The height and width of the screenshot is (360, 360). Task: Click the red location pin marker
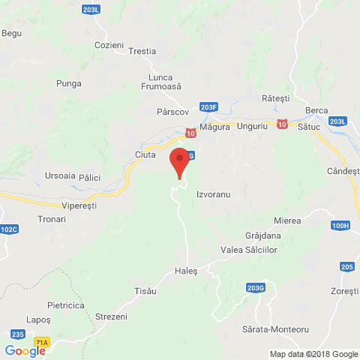click(x=178, y=162)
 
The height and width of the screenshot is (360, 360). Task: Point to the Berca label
click(x=316, y=111)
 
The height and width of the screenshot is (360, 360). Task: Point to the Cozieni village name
click(x=109, y=46)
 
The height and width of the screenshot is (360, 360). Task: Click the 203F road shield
click(x=209, y=107)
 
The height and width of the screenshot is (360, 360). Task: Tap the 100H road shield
click(x=340, y=225)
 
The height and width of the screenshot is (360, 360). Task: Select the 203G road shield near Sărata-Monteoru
click(x=255, y=287)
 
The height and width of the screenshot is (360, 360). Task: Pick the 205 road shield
click(x=346, y=267)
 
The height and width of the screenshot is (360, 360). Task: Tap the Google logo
click(x=25, y=350)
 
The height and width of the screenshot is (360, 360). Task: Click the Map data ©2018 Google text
click(x=313, y=354)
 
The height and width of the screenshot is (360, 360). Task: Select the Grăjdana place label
click(x=262, y=235)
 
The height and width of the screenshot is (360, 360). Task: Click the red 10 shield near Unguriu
click(x=280, y=123)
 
